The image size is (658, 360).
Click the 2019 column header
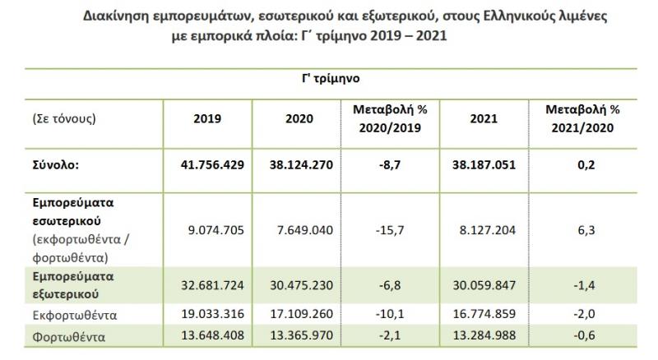[x=213, y=118]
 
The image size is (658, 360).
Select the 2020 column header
[x=299, y=118]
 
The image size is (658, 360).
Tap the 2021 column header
[x=484, y=118]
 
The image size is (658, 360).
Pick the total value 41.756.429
[x=213, y=164]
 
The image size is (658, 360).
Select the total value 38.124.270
[x=299, y=164]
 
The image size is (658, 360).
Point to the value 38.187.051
[x=484, y=164]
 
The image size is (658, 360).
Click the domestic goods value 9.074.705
[x=213, y=231]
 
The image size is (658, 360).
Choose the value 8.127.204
[x=484, y=231]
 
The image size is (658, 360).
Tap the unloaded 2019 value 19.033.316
[x=213, y=315]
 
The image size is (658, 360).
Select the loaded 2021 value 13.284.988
[x=484, y=335]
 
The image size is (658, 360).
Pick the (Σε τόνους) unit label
[x=63, y=118]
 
